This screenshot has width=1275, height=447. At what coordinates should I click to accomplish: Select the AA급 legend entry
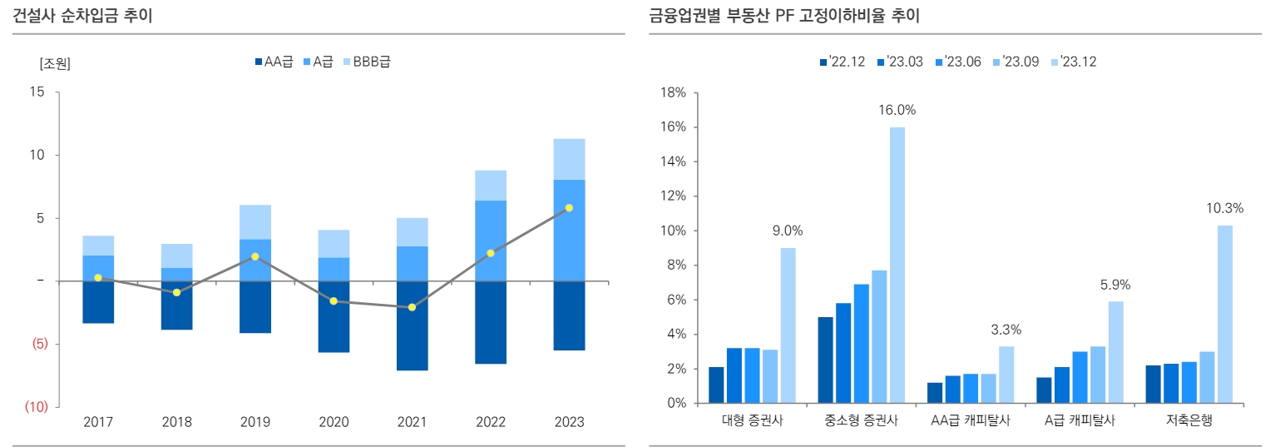[x=274, y=62]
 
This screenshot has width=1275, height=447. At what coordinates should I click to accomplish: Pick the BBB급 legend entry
[x=365, y=62]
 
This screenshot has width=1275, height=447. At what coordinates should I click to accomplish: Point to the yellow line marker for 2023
[x=569, y=208]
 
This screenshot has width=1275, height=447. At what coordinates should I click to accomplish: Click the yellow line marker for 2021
[x=412, y=307]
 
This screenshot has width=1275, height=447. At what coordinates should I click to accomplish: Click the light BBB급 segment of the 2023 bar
[x=569, y=159]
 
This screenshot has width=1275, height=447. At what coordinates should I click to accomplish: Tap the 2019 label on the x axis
[x=255, y=422]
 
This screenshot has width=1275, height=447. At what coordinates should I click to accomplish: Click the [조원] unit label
[x=55, y=64]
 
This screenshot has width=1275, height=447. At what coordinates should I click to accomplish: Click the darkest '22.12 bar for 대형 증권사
[x=716, y=385]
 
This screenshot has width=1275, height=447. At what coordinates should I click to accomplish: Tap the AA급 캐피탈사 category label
[x=970, y=421]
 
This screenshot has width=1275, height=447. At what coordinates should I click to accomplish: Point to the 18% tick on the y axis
[x=673, y=92]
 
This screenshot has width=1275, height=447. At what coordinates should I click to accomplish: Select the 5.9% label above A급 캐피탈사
[x=1114, y=285]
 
